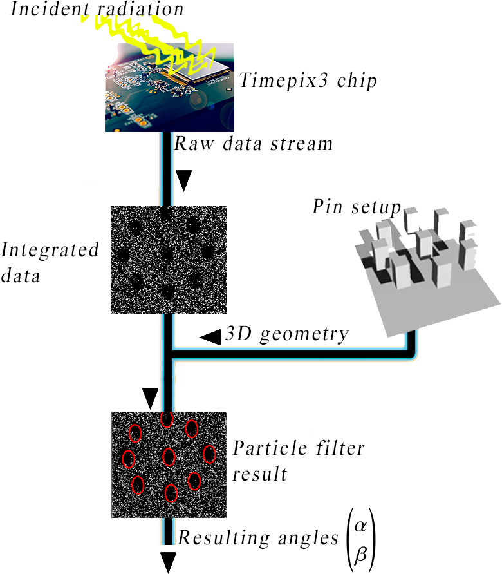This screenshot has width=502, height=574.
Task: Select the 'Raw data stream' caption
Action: click(254, 143)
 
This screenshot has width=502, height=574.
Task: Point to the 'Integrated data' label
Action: click(50, 263)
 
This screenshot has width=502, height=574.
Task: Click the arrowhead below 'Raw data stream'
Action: click(184, 182)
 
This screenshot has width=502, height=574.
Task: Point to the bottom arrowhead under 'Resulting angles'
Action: click(168, 562)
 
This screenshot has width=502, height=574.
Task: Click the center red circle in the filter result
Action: click(169, 457)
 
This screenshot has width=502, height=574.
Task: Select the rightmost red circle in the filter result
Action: click(209, 454)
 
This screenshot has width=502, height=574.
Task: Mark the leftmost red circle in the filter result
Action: click(128, 459)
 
